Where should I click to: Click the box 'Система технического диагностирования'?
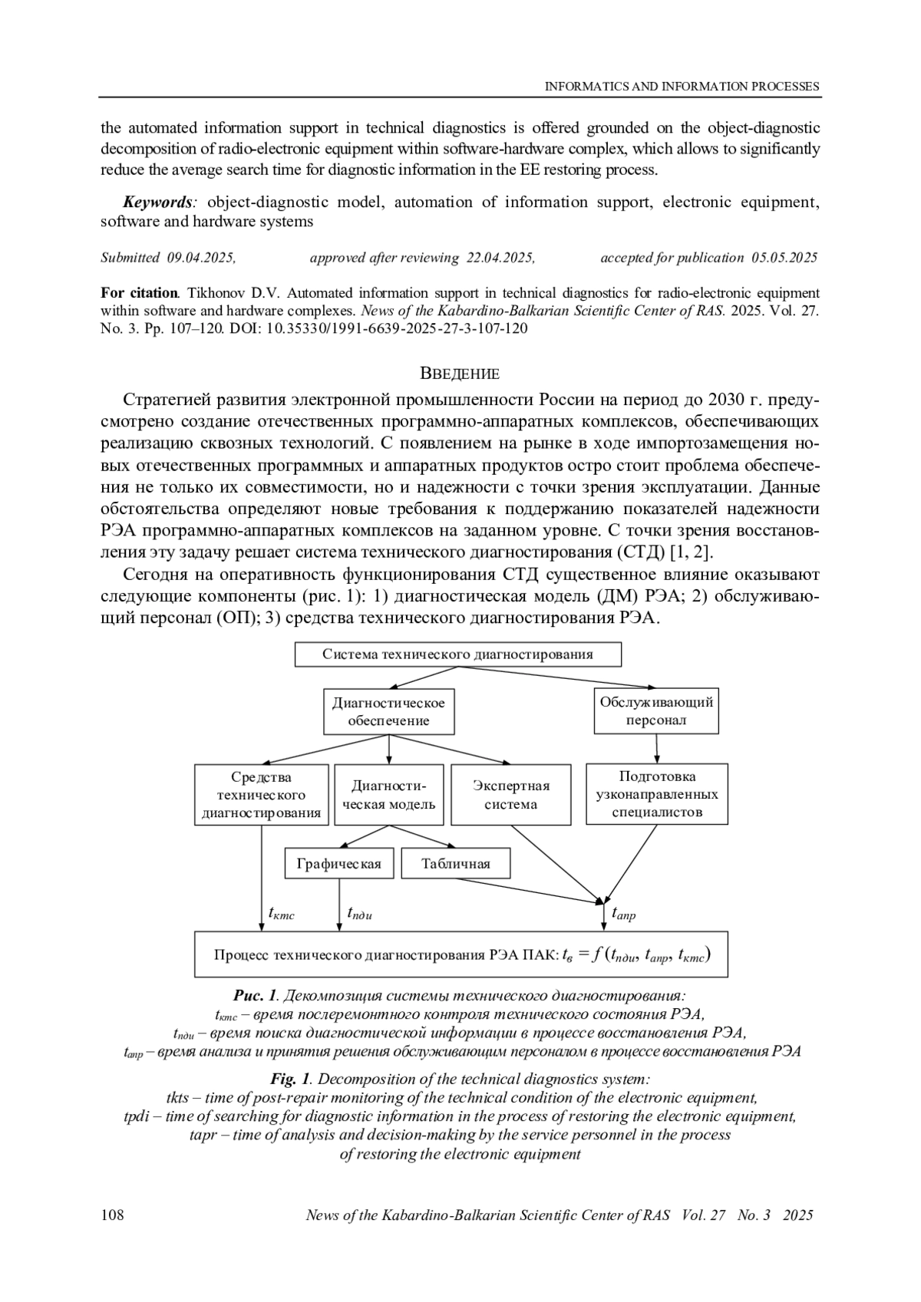pyautogui.click(x=457, y=654)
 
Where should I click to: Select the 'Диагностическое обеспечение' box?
pyautogui.click(x=388, y=711)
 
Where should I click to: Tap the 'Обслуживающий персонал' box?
pyautogui.click(x=656, y=711)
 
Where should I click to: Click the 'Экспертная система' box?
pyautogui.click(x=511, y=795)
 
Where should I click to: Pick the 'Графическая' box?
pyautogui.click(x=338, y=864)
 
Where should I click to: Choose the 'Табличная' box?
pyautogui.click(x=456, y=864)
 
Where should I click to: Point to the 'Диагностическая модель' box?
pyautogui.click(x=388, y=795)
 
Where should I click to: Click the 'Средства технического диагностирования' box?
pyautogui.click(x=262, y=795)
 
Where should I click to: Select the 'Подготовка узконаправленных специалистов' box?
pyautogui.click(x=657, y=795)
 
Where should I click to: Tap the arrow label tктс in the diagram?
pyautogui.click(x=282, y=913)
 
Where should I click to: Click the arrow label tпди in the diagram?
pyautogui.click(x=359, y=913)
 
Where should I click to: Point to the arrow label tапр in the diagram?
pyautogui.click(x=623, y=914)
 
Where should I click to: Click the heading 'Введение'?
pyautogui.click(x=460, y=374)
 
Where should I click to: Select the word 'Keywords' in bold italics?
pyautogui.click(x=158, y=202)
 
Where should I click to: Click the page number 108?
pyautogui.click(x=113, y=1215)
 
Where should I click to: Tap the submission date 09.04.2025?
pyautogui.click(x=200, y=258)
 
